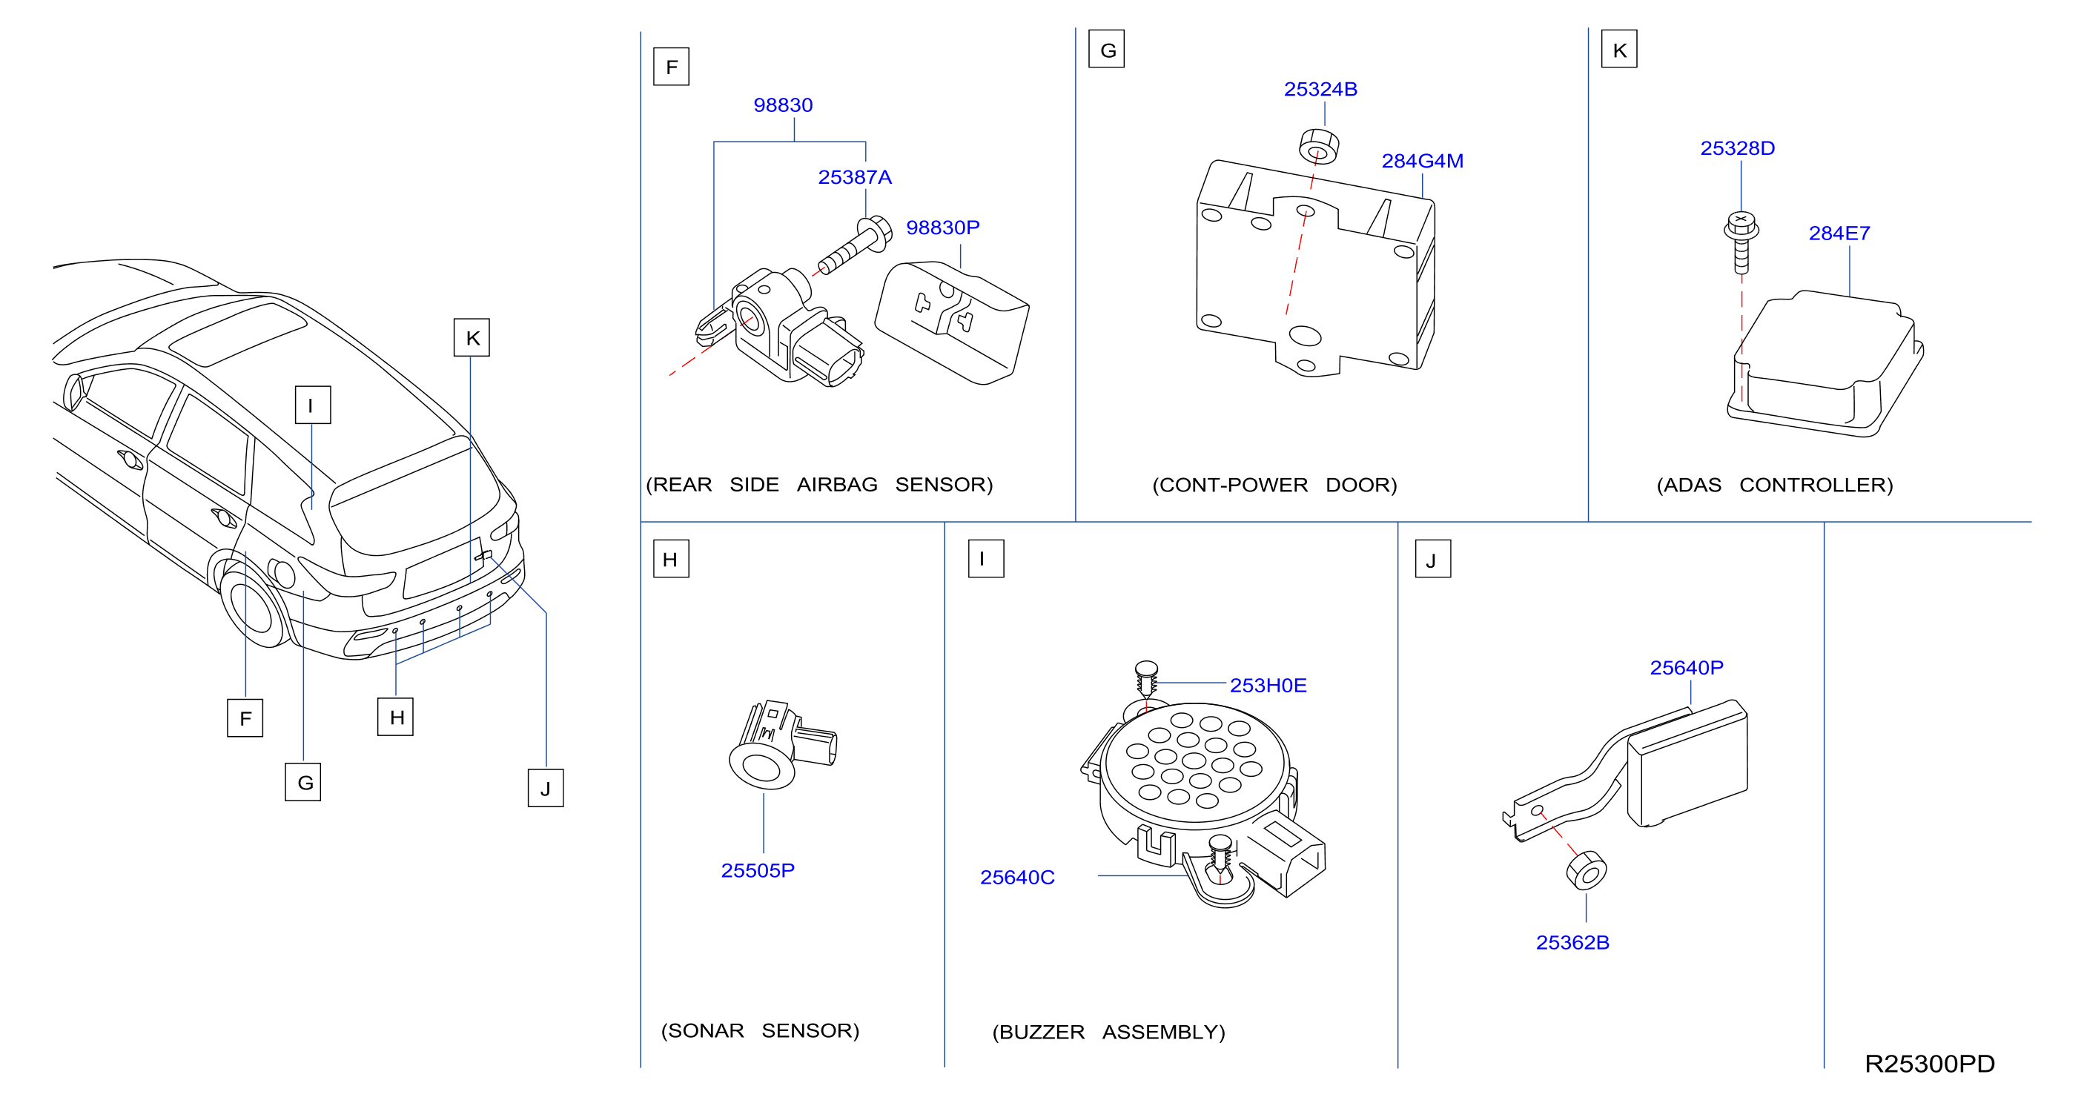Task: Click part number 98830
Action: click(782, 105)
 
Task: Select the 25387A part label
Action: click(854, 177)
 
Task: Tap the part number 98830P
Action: click(942, 228)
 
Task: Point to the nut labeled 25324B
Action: click(1318, 145)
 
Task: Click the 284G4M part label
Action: click(1422, 161)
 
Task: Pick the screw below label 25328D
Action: click(1741, 242)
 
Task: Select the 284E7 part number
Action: click(1839, 233)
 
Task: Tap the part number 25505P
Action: click(757, 870)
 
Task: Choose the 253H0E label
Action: click(1268, 685)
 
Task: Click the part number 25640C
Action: click(1017, 878)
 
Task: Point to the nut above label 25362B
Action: click(1587, 870)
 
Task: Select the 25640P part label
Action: click(1686, 668)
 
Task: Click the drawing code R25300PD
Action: click(1930, 1064)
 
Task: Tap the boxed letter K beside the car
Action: click(472, 337)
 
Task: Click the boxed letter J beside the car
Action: click(545, 788)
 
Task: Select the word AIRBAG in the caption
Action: click(836, 485)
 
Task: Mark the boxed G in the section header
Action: click(1107, 50)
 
